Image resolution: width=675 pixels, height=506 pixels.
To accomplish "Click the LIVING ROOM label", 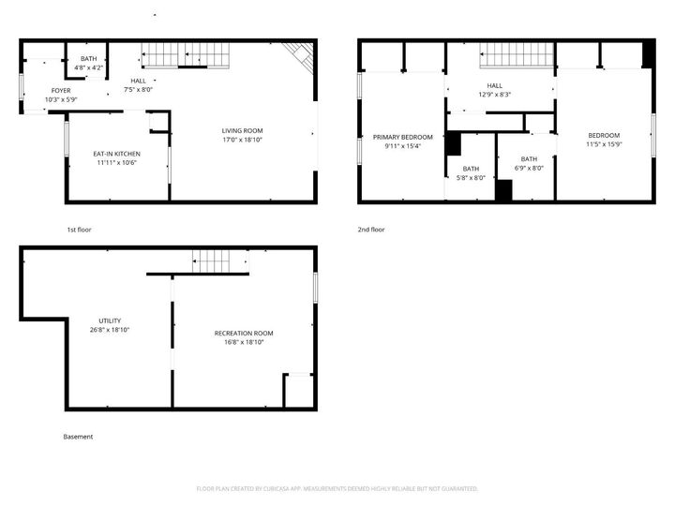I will [x=242, y=130].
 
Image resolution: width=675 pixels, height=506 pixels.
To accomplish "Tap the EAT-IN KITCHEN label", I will [x=116, y=154].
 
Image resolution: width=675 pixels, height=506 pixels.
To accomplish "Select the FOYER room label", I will [x=61, y=91].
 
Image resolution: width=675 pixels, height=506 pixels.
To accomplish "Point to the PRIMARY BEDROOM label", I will [x=403, y=137].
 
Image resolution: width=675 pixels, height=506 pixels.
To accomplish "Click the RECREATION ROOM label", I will [x=244, y=334].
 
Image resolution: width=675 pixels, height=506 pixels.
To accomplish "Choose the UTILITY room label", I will [x=110, y=320].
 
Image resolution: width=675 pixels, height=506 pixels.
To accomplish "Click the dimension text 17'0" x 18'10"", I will [x=242, y=140].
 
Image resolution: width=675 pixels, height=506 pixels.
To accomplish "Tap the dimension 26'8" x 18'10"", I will [x=110, y=330].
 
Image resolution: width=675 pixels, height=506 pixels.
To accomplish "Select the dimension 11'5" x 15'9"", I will [x=605, y=143].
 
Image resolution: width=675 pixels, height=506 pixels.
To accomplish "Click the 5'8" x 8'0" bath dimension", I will [x=471, y=178].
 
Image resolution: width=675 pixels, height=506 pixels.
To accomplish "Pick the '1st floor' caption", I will [x=79, y=230].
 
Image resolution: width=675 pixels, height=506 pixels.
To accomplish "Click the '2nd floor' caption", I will [x=371, y=230].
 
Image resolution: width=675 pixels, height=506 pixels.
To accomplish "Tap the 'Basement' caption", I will [x=78, y=437].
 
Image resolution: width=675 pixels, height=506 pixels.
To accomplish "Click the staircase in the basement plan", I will [x=220, y=261].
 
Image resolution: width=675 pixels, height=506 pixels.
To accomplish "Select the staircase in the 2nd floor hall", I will [x=517, y=58].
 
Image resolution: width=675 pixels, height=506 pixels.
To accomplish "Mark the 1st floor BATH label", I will [x=88, y=59].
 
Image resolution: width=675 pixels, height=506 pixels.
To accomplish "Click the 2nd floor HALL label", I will [x=494, y=85].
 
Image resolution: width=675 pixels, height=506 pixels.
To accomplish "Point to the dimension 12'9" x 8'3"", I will [x=494, y=95].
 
